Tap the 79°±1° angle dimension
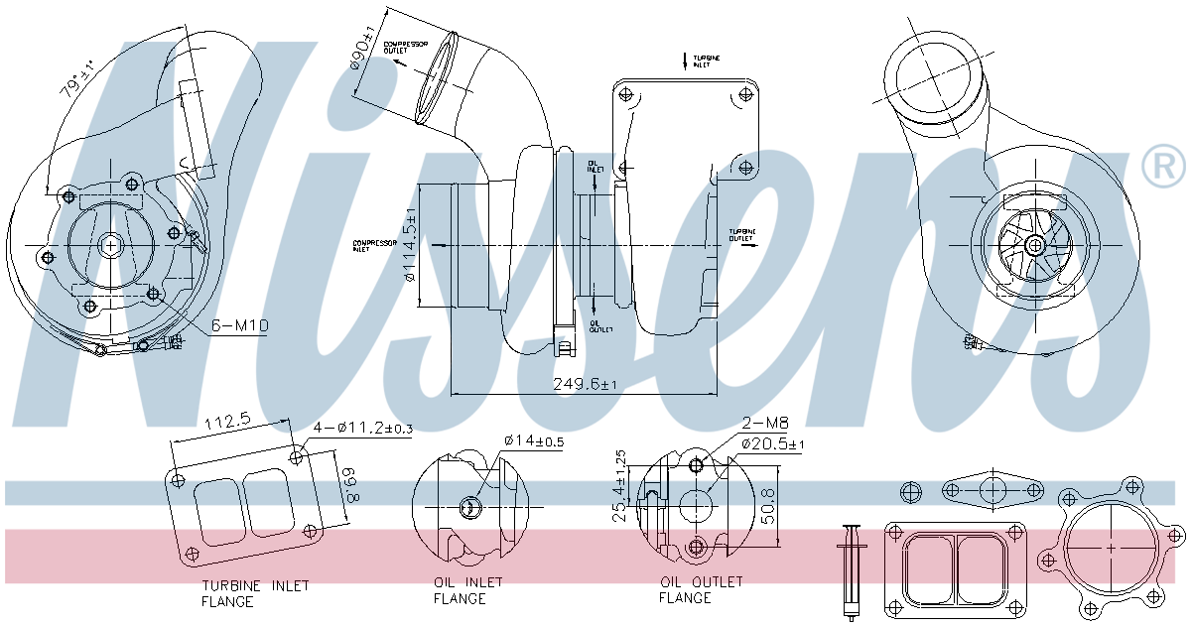tap(77, 76)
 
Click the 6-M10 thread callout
tap(239, 325)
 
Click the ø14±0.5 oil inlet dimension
tap(535, 440)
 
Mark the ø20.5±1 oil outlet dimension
tap(772, 443)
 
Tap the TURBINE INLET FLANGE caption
tap(255, 593)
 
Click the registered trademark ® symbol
tap(1164, 167)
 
